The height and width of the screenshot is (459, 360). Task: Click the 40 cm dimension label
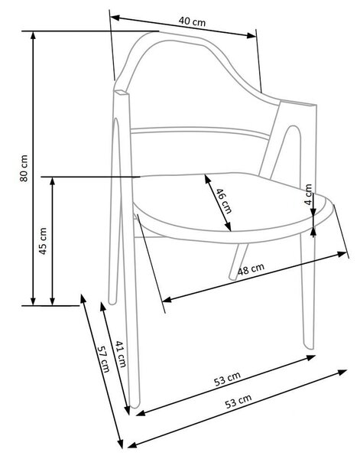click(192, 21)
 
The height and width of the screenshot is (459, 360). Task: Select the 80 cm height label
click(24, 168)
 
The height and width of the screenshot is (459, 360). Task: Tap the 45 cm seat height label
click(43, 241)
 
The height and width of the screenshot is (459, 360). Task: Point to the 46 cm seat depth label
click(224, 200)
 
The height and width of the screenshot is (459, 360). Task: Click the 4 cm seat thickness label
click(309, 194)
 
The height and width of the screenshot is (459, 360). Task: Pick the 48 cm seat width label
click(251, 269)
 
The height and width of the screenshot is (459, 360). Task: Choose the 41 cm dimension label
click(121, 354)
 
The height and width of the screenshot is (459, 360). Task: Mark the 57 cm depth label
click(103, 359)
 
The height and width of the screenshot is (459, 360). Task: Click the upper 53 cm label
click(228, 379)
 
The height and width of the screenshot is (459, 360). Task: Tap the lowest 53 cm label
click(238, 402)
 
